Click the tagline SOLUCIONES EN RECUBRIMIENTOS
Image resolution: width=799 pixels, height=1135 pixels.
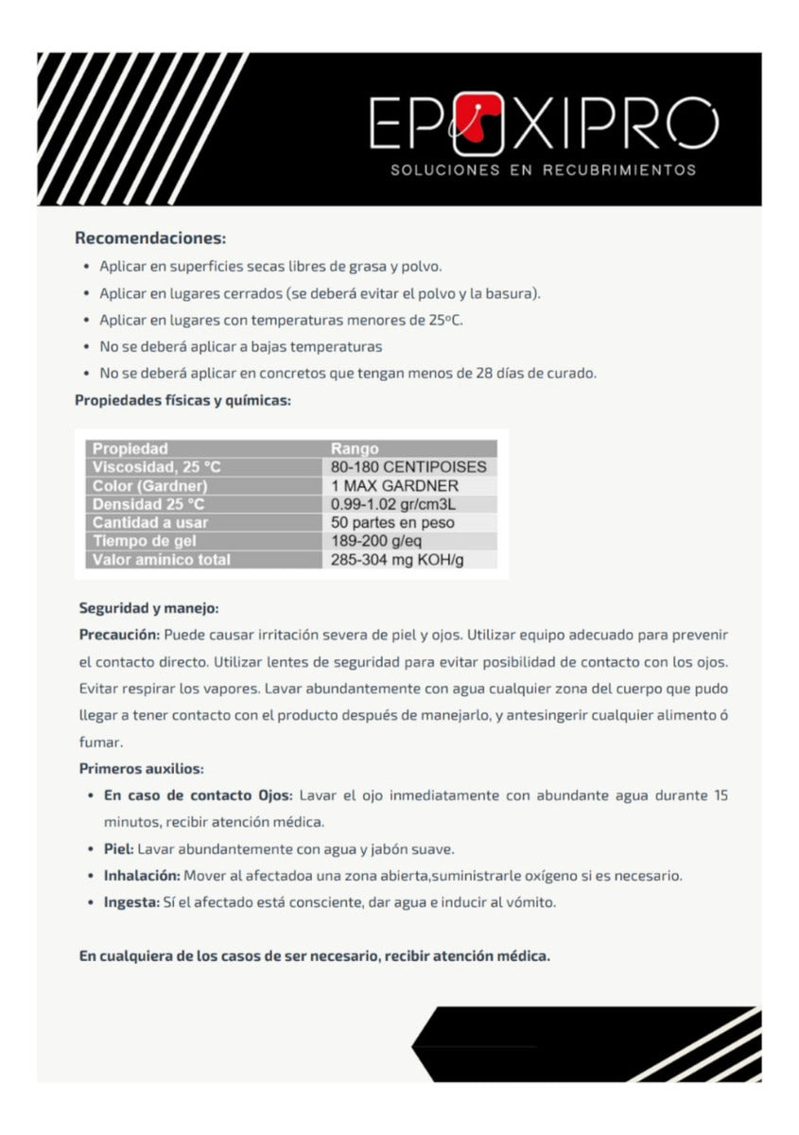click(543, 170)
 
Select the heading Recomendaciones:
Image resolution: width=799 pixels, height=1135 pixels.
click(150, 237)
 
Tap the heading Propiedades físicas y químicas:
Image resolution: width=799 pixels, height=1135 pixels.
click(182, 400)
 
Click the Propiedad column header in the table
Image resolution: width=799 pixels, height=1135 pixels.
click(130, 448)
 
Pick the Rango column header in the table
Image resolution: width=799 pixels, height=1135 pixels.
click(355, 448)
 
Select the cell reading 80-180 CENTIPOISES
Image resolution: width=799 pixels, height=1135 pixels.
click(408, 467)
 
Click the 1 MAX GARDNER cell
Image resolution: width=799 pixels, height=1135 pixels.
click(394, 485)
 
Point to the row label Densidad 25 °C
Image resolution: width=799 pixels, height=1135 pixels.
click(148, 504)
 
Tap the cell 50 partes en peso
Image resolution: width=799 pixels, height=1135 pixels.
click(392, 522)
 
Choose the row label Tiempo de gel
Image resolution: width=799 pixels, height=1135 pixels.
click(141, 541)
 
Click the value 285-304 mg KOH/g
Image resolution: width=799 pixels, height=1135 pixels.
click(397, 560)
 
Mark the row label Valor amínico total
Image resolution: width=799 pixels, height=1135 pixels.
click(161, 560)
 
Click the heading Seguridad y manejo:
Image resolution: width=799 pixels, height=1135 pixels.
click(148, 608)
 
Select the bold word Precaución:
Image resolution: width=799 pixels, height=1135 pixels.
click(120, 634)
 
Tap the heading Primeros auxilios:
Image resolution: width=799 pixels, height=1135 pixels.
click(141, 768)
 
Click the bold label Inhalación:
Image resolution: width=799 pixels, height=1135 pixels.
click(142, 876)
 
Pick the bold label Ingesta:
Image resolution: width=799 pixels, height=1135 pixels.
click(131, 902)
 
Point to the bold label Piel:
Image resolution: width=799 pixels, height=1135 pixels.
click(118, 849)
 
